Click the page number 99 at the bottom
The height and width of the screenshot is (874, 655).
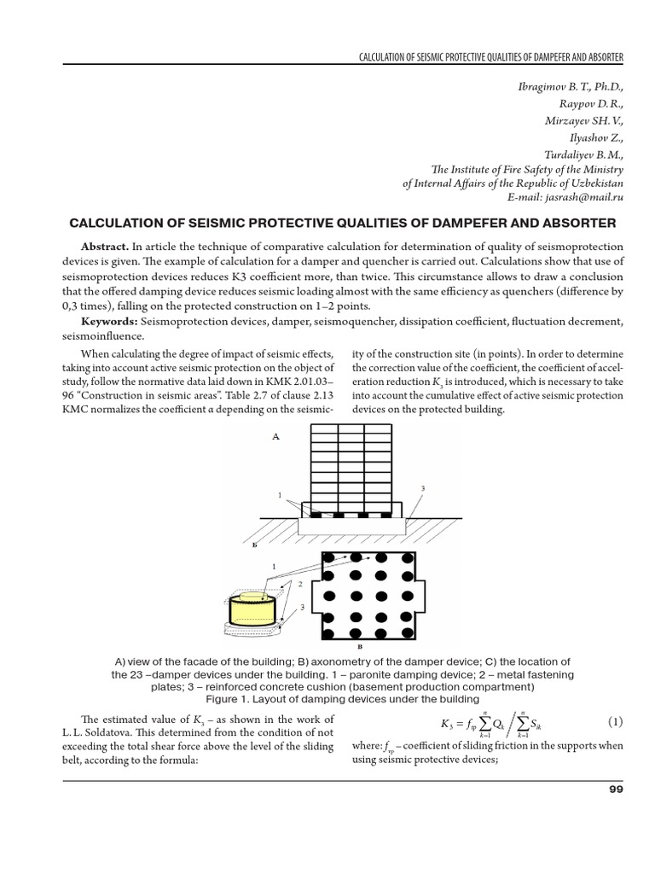point(617,789)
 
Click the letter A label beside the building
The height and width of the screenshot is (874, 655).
point(275,436)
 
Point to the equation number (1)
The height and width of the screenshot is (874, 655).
point(615,722)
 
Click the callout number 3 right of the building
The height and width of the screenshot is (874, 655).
point(422,487)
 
